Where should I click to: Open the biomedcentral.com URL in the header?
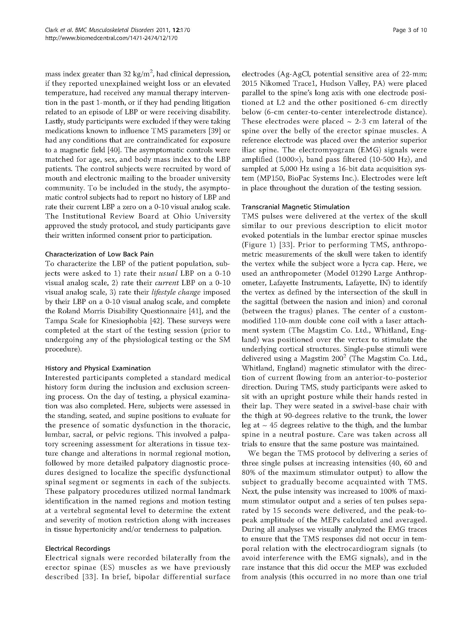pos(112,38)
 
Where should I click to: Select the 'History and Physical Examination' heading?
pos(98,368)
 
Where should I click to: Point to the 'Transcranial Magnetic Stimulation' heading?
pos(295,207)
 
